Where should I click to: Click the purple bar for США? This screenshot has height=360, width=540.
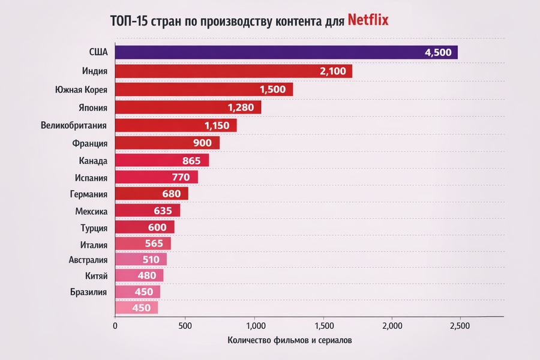pos(287,52)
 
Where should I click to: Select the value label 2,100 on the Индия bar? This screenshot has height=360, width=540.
pos(332,71)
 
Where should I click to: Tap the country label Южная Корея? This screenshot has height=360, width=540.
pos(81,89)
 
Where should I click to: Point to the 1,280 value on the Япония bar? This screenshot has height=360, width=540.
pos(241,107)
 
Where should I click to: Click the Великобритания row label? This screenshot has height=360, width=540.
pos(74,125)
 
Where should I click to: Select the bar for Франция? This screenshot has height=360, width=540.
pos(167,143)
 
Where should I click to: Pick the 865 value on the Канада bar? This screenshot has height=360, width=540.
pos(191,161)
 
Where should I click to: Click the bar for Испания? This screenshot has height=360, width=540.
pos(157,177)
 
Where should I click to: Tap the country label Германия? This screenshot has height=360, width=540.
pos(89,194)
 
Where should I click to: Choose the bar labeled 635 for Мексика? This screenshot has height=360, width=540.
pos(148,211)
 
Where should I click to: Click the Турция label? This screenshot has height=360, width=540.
pos(94,228)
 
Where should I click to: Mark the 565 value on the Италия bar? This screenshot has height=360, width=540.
pos(154,244)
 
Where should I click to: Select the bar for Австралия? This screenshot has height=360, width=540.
pos(141,259)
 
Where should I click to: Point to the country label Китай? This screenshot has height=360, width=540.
pos(97,276)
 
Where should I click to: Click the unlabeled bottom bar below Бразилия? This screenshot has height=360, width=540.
pos(137,308)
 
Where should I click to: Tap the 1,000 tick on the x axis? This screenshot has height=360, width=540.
pos(256,326)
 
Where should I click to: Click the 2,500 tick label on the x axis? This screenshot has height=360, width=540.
pos(460,326)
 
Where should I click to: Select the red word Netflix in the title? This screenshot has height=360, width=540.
pos(368,20)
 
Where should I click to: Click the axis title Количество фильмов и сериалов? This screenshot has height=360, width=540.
pos(290,340)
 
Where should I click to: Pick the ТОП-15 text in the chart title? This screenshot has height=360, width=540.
pos(129,21)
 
